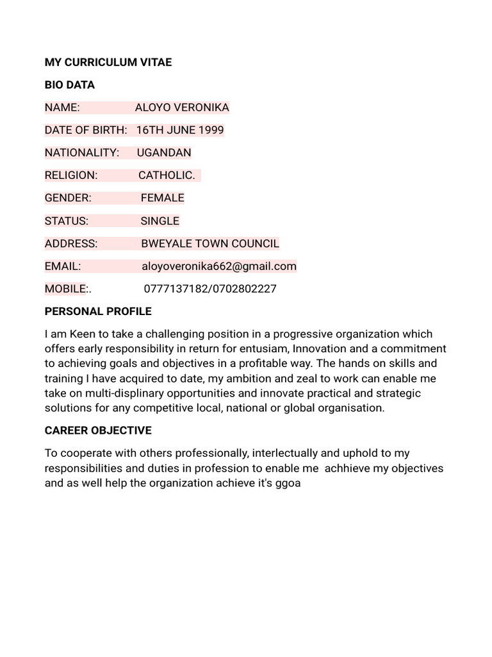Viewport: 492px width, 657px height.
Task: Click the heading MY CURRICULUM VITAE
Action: [108, 62]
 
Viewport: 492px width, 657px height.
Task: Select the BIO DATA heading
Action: [70, 85]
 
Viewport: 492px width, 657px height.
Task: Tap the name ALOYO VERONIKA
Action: [182, 107]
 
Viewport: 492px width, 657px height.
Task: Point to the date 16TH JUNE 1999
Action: [180, 130]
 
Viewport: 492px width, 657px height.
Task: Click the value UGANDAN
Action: [164, 153]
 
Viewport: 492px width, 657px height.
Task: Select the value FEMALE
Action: [163, 198]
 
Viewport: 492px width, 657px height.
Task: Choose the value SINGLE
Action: [160, 221]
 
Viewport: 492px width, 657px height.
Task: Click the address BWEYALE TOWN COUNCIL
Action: [210, 243]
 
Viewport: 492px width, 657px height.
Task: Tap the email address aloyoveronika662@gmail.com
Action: [218, 266]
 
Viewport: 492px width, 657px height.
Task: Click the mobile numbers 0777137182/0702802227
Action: [210, 288]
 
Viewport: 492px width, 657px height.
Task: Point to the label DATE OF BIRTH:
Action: [86, 130]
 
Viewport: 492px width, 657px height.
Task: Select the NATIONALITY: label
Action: [82, 153]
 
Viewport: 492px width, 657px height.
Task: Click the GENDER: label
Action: [68, 198]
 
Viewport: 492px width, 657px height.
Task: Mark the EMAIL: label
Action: [63, 266]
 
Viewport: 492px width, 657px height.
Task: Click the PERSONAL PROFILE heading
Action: [98, 311]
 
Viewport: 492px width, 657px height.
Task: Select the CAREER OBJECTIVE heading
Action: [98, 430]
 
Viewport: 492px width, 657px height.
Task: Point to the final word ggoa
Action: [288, 482]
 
